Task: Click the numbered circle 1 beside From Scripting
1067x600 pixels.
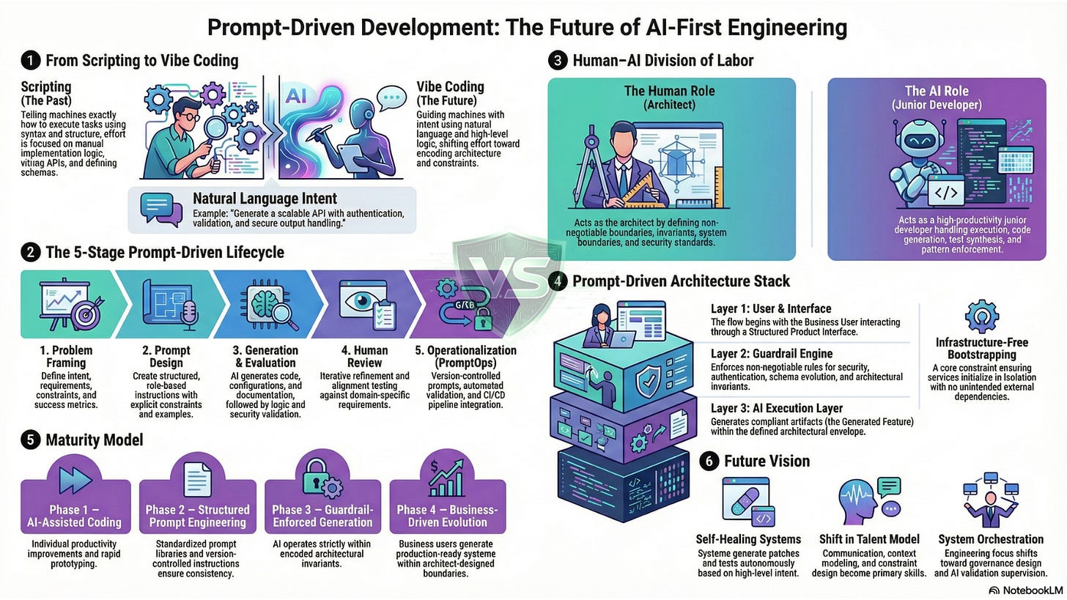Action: pos(31,61)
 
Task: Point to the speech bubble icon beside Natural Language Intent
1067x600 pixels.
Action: pos(160,209)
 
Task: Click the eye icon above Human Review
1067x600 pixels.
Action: pos(359,303)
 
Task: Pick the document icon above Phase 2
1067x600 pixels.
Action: pos(197,481)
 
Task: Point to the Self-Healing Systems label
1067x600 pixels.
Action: pos(747,540)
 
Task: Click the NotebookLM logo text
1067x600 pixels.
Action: pos(1028,590)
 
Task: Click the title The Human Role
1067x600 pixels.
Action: pos(671,91)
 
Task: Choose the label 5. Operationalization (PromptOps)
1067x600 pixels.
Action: pos(466,356)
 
